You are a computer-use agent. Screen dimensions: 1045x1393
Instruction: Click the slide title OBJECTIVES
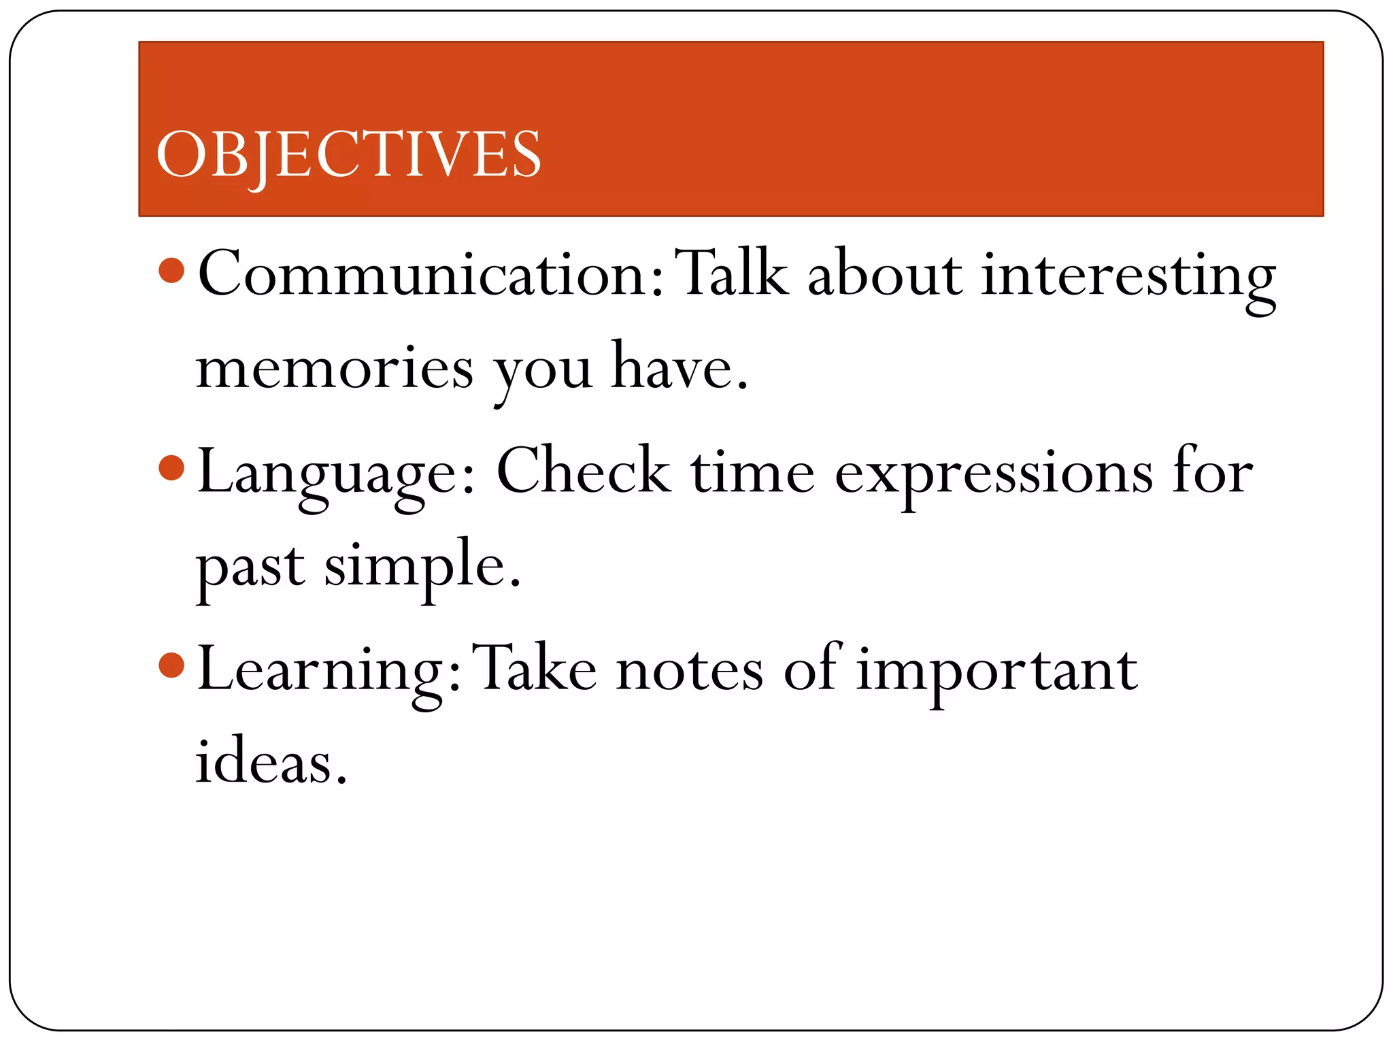point(348,155)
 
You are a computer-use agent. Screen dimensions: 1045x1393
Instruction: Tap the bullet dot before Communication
point(171,270)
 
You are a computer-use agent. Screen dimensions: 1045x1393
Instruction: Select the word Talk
point(735,273)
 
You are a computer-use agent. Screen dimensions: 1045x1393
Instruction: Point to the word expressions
point(993,474)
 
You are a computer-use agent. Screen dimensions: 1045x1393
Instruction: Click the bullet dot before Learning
point(171,665)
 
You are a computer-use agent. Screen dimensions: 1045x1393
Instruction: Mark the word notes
point(690,671)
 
